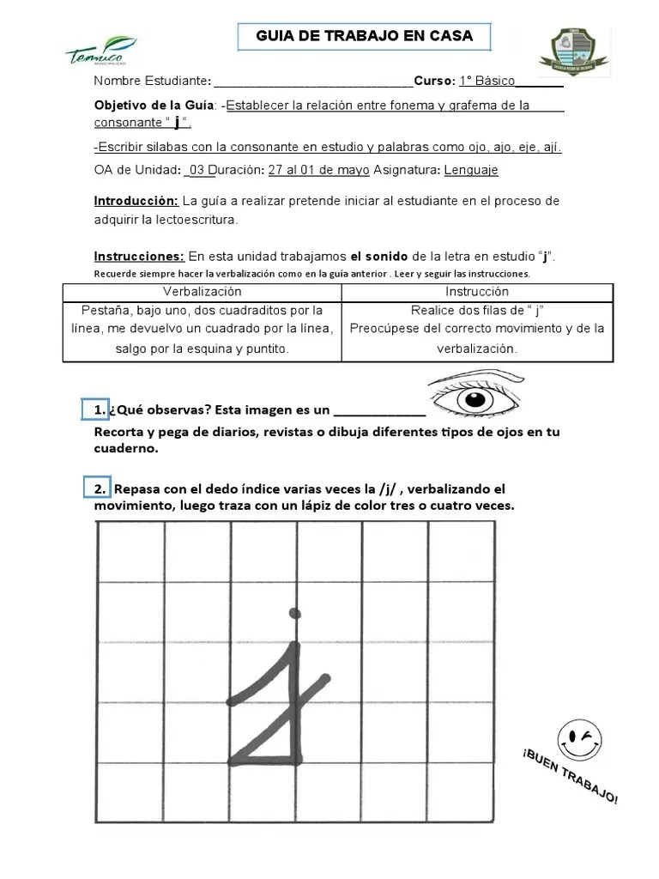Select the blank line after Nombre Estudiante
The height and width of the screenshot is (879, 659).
click(x=313, y=82)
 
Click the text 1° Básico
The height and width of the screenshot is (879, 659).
click(x=487, y=82)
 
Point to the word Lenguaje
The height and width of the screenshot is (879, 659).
click(x=471, y=170)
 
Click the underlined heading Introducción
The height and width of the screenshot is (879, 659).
click(x=136, y=201)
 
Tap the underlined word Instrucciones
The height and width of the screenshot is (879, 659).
click(x=139, y=257)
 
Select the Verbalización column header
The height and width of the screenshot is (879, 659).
click(x=202, y=293)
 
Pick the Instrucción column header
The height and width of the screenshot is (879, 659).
click(x=477, y=293)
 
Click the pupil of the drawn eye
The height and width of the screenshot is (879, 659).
click(x=475, y=400)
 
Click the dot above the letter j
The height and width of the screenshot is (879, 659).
click(x=295, y=613)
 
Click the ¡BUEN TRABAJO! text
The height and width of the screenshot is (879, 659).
click(x=568, y=775)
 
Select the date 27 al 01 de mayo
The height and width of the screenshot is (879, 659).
click(x=318, y=170)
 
